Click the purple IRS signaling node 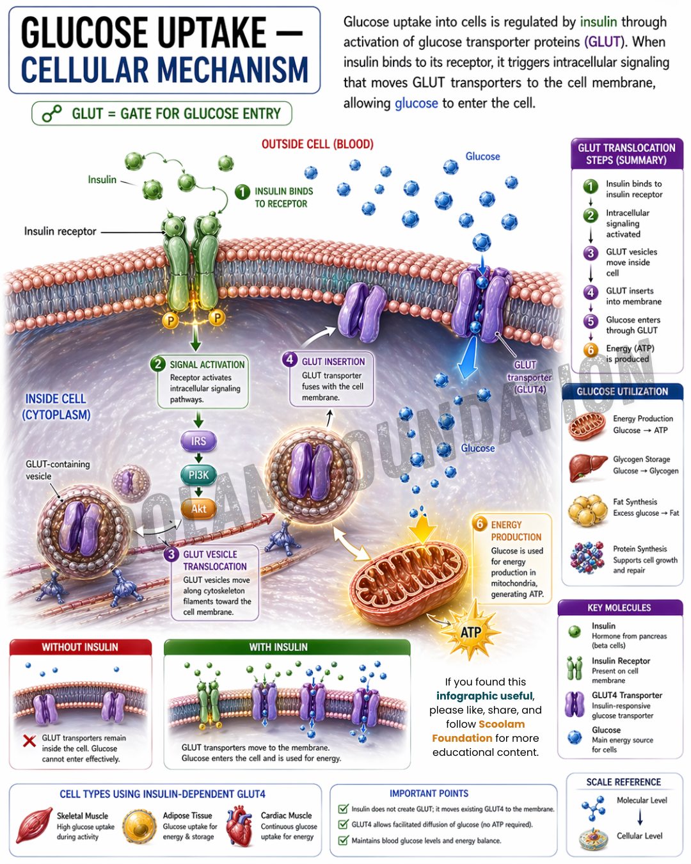(x=198, y=441)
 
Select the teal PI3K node (x=198, y=475)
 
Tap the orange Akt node (x=198, y=509)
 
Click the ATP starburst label (x=470, y=632)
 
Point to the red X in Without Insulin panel (x=29, y=740)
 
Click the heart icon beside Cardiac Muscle (x=239, y=826)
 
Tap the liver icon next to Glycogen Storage (x=587, y=467)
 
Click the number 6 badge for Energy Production (x=479, y=523)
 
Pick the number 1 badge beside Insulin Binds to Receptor (x=242, y=192)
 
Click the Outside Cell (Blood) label (x=317, y=144)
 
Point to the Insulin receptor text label (x=60, y=231)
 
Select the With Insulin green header (x=287, y=647)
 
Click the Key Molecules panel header (x=619, y=607)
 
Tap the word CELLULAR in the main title (x=84, y=70)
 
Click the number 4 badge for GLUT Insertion (x=289, y=359)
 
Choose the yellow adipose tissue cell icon (x=139, y=825)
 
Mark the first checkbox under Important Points (x=343, y=808)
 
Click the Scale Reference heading (x=623, y=782)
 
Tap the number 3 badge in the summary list (x=590, y=253)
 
